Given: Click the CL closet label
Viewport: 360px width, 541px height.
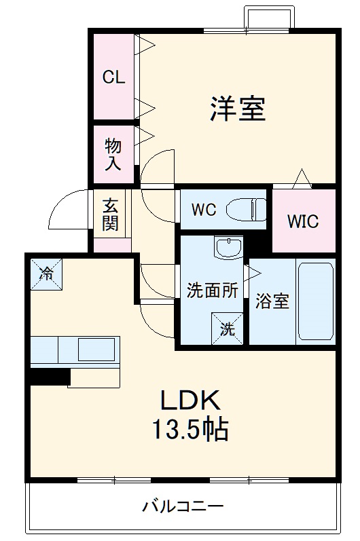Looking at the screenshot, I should [x=113, y=77].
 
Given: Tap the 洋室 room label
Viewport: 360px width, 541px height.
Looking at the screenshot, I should [x=237, y=109].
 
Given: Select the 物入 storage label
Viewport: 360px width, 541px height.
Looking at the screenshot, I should [x=113, y=154].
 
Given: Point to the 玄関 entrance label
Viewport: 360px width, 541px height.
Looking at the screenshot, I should [x=111, y=214].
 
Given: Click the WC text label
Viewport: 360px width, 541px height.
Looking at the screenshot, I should [x=204, y=210].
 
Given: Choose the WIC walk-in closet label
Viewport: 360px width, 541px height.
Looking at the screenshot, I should [x=302, y=221].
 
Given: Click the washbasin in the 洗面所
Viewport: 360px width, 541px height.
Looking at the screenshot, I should [x=228, y=248].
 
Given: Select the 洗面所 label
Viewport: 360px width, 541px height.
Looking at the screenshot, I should [x=213, y=290].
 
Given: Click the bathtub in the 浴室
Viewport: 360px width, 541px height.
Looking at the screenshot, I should [x=315, y=301].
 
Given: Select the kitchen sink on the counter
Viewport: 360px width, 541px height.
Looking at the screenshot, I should [x=97, y=350].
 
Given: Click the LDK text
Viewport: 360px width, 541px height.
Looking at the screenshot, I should [x=190, y=400].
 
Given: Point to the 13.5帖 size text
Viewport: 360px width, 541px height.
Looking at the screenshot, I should [x=190, y=430].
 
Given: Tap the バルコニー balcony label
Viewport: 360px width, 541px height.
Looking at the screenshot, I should [x=183, y=506].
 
